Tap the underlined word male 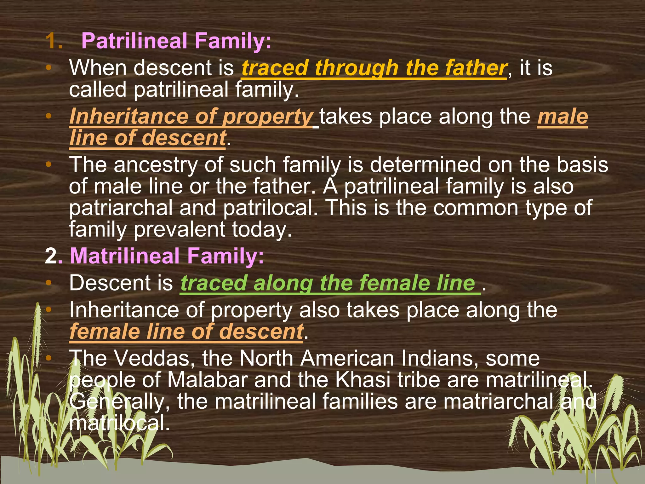(562, 117)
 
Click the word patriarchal (121, 208)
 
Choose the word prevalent (179, 229)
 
